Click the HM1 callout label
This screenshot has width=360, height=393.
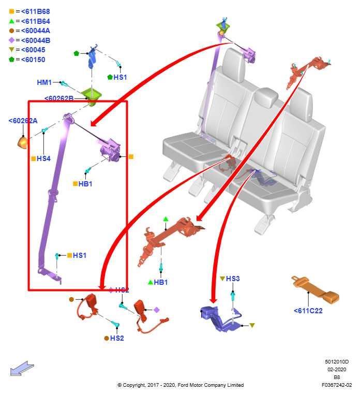[44, 82]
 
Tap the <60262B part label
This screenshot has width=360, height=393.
[59, 98]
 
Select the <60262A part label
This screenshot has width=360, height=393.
[23, 121]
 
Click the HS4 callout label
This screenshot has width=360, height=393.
[43, 158]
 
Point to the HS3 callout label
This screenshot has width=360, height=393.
[233, 279]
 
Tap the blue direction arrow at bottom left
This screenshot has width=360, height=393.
[22, 369]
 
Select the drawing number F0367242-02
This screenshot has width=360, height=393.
[337, 385]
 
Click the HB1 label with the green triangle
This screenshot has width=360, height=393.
[161, 282]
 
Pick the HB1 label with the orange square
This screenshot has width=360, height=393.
[85, 184]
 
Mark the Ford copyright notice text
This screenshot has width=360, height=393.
[181, 385]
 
